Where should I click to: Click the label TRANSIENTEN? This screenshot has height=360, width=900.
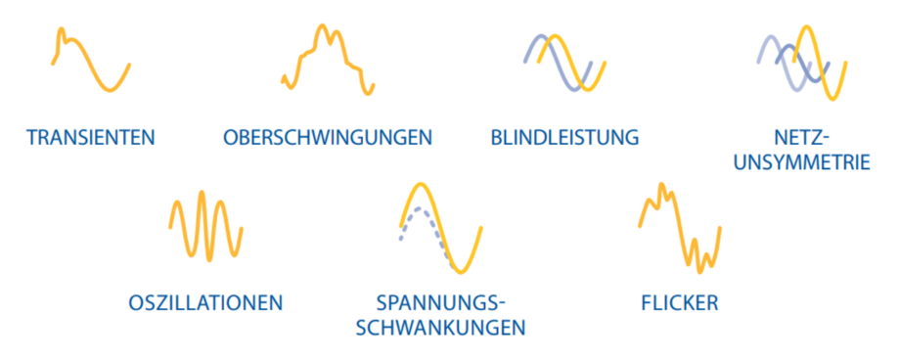(x=91, y=138)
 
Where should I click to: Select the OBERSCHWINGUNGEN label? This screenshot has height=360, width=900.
(x=328, y=138)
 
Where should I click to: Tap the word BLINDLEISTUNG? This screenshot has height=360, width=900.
(x=564, y=138)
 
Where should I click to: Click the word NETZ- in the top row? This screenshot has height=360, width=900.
(x=802, y=138)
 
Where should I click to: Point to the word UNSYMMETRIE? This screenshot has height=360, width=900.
(x=802, y=162)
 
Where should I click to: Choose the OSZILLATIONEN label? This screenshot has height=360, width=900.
(x=206, y=302)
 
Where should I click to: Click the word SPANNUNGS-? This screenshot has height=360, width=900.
(x=441, y=302)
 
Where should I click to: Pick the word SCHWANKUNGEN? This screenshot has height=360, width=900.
(x=441, y=328)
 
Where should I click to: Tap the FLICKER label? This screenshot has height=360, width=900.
(x=680, y=302)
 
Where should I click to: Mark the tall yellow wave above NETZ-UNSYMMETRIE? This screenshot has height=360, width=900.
(x=820, y=64)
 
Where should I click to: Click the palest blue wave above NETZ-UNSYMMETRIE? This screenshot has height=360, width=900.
(x=784, y=62)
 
